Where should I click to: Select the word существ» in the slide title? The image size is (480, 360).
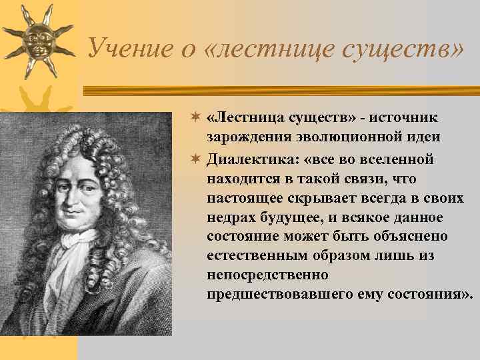400,47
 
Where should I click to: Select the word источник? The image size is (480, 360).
407,119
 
